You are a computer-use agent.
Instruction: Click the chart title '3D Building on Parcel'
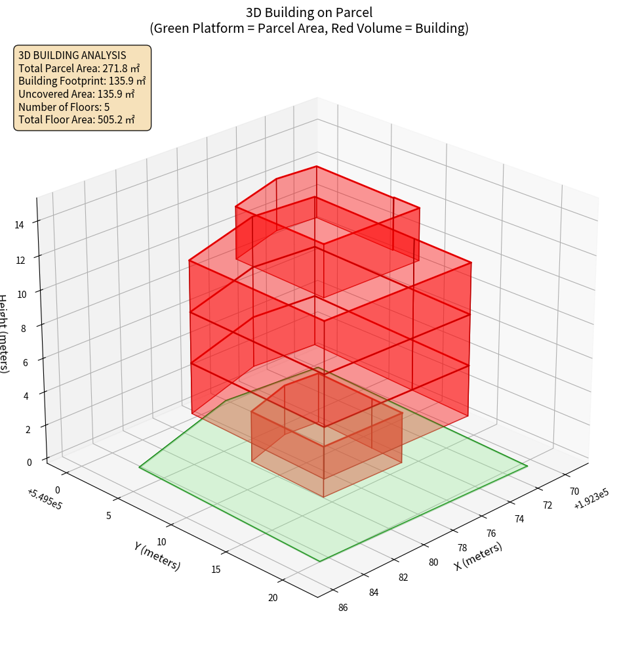[x=309, y=12]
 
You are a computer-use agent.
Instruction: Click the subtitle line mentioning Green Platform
[x=309, y=28]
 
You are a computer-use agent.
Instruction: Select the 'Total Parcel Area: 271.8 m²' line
[x=79, y=68]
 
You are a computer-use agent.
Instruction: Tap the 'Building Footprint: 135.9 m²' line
[x=82, y=81]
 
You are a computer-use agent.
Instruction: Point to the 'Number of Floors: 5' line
[x=64, y=107]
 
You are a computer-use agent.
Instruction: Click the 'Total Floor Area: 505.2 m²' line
[x=77, y=120]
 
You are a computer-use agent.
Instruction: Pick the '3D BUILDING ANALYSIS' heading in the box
[x=72, y=54]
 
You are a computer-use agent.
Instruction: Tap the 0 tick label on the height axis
[x=30, y=462]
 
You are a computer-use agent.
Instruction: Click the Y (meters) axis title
[x=157, y=556]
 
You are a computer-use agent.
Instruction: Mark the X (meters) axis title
[x=478, y=556]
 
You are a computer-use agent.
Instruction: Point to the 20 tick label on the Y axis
[x=273, y=597]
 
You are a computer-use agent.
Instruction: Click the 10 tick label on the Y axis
[x=162, y=541]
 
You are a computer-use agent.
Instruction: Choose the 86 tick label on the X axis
[x=342, y=607]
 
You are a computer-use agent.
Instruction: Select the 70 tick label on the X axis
[x=574, y=491]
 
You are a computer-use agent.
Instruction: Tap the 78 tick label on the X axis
[x=462, y=548]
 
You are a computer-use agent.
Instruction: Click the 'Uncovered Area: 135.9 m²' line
[x=79, y=94]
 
